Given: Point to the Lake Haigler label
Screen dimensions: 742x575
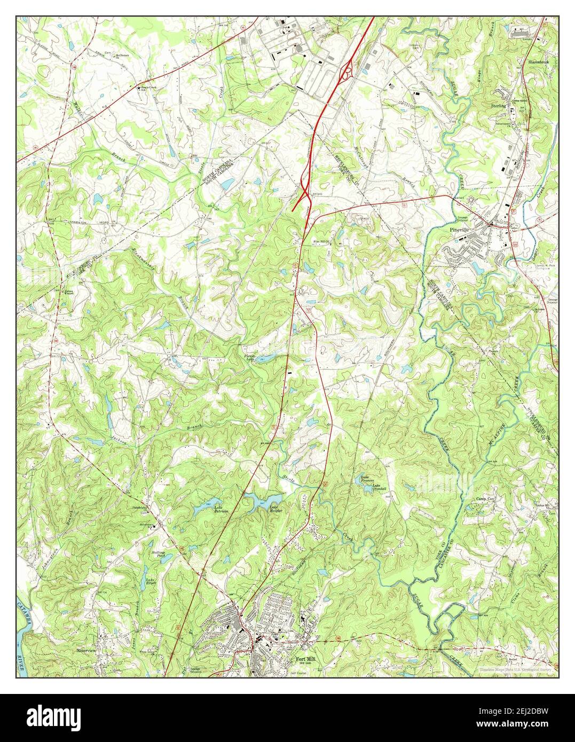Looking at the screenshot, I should [x=275, y=509].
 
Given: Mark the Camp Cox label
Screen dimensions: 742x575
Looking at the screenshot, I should [x=486, y=500].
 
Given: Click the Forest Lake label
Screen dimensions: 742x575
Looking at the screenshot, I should [x=250, y=357].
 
